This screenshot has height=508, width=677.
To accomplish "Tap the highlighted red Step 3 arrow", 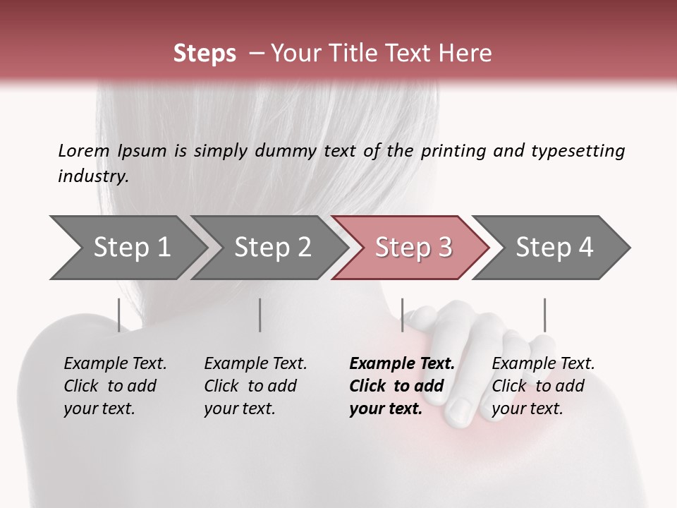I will coord(413,248).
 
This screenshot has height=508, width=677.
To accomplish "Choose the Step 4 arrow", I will coord(554,248).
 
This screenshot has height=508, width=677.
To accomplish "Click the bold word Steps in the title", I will coord(205,54).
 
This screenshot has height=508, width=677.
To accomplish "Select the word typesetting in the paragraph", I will coord(578,151).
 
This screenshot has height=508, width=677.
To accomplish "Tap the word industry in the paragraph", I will coord(93,176).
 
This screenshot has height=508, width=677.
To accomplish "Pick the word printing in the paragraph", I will coord(451,151).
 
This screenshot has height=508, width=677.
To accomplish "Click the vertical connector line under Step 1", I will coord(119,315).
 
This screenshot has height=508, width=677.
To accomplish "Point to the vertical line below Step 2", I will coord(260,315).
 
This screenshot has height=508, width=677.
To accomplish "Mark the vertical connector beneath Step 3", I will coord(402,315).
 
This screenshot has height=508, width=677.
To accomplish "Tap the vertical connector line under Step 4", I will coord(544,315).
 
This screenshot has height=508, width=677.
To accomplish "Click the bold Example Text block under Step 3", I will coord(402,386).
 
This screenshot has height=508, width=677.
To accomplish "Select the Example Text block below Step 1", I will coord(115,386).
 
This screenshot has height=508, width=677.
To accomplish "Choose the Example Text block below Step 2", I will coord(255,386).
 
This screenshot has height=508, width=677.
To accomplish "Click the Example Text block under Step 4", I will coord(543,386).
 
